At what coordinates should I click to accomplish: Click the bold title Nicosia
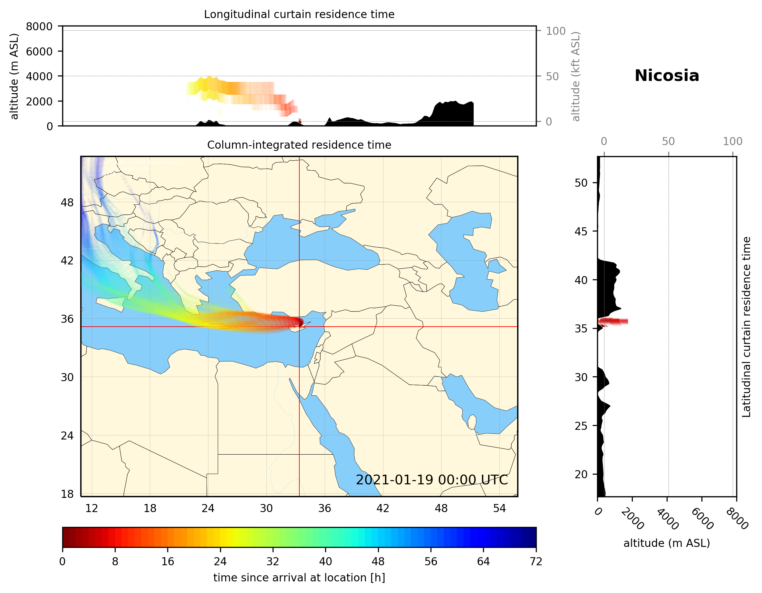[x=666, y=76]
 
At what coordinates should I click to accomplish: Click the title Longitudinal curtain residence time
[x=299, y=14]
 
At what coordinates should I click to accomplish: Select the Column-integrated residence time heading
[x=299, y=145]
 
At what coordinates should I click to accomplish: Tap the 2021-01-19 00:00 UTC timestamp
[x=432, y=480]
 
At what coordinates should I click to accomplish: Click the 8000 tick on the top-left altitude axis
[x=39, y=26]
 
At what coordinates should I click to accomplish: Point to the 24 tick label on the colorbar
[x=220, y=562]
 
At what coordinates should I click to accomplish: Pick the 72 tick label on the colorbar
[x=535, y=562]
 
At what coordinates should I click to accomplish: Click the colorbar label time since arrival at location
[x=299, y=578]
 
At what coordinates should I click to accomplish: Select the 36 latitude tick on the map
[x=67, y=319]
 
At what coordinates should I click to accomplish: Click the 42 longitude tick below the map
[x=383, y=509]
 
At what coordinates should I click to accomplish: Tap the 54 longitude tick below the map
[x=499, y=509]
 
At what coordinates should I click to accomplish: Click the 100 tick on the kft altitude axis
[x=555, y=31]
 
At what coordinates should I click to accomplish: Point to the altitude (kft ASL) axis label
[x=576, y=76]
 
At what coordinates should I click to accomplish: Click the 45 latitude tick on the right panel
[x=581, y=231]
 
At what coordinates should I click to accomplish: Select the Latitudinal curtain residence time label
[x=746, y=327]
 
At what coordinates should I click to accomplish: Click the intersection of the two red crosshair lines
[x=299, y=327]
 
